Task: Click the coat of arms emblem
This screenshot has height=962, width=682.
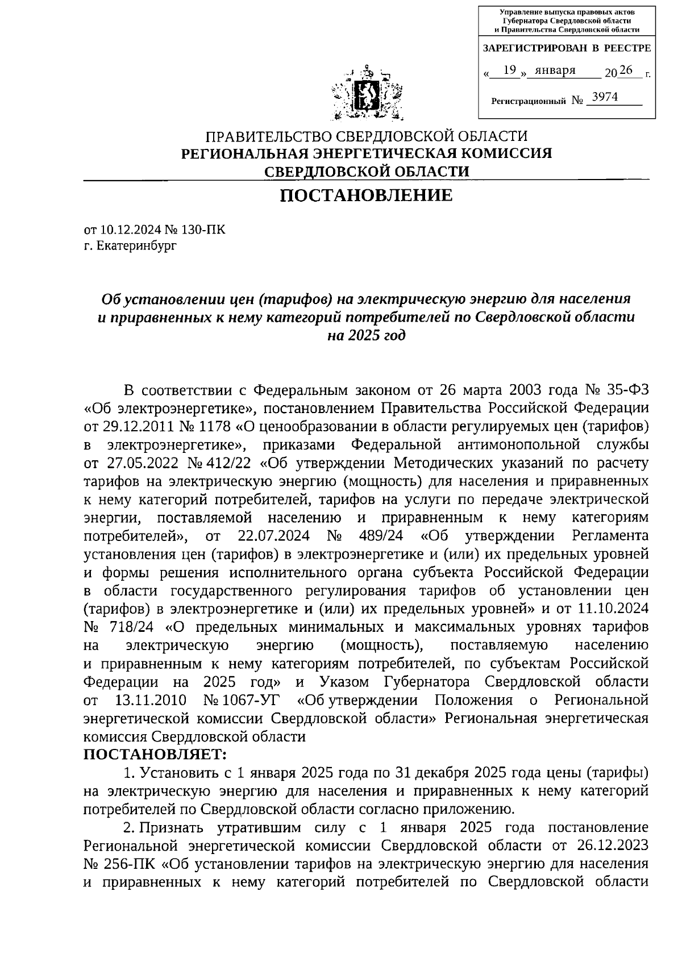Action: pos(366,94)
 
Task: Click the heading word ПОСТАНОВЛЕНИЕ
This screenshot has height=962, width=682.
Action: pos(366,195)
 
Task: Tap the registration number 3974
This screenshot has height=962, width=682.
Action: pos(604,97)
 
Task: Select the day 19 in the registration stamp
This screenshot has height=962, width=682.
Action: pos(510,70)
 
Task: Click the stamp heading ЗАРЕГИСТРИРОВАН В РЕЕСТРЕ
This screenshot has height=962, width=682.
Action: pos(567,49)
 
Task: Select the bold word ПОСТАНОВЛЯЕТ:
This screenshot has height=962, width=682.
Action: pos(155,755)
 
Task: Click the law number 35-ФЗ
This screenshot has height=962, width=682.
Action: pos(624,390)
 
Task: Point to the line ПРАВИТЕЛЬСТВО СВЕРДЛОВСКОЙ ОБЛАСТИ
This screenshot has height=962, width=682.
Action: pos(366,136)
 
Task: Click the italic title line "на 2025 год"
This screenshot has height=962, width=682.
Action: pos(366,335)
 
